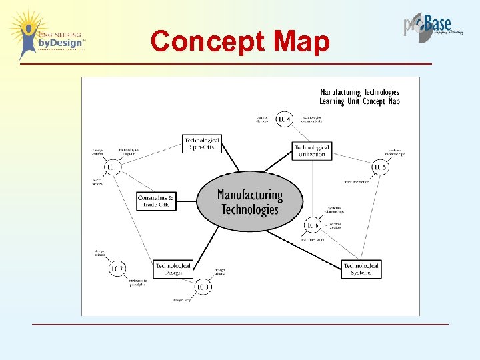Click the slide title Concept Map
tap(240, 41)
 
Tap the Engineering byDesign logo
tap(48, 35)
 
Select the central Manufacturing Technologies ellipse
tap(250, 201)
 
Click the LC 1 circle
tap(113, 166)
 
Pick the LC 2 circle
tap(117, 268)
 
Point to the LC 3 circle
tap(203, 287)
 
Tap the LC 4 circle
tap(285, 119)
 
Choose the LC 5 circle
tap(380, 166)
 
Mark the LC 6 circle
tap(313, 225)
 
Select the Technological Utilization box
tap(311, 151)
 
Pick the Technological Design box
tap(173, 269)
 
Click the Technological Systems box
tap(361, 269)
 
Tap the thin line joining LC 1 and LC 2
tap(115, 217)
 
